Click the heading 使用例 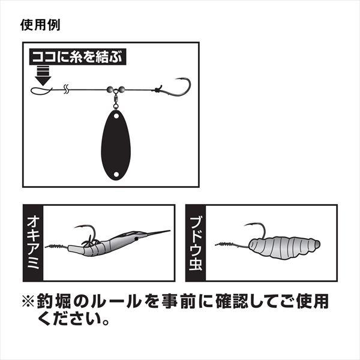click(40, 26)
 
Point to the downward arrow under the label click(43, 77)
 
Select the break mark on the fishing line click(66, 90)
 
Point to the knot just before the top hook click(157, 90)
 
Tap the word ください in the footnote click(67, 316)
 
